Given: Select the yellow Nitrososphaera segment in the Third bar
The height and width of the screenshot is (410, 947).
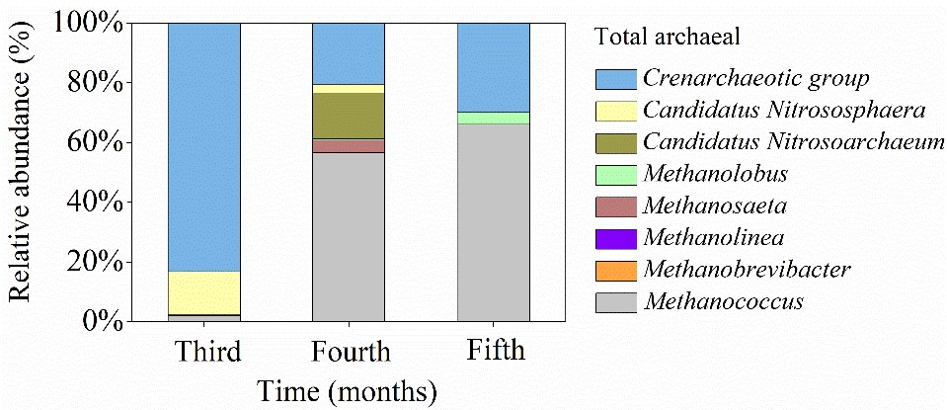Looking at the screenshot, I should coord(204,292).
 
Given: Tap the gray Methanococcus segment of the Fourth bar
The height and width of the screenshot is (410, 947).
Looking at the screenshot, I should coord(349,237).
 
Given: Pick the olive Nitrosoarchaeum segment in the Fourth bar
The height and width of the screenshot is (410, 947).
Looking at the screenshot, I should coord(349,116).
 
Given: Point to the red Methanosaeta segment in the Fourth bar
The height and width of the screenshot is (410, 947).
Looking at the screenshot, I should coord(349,146).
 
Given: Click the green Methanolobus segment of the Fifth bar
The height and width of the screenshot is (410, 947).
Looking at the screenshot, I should coord(493,118).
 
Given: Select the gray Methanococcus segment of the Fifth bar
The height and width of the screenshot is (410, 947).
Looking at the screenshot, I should coord(493,222).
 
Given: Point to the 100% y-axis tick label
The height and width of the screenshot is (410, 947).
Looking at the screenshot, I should coord(90,22).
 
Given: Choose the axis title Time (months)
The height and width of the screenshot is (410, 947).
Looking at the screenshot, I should coord(348,390).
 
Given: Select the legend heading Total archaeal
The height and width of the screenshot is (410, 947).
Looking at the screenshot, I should coord(668,37).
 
